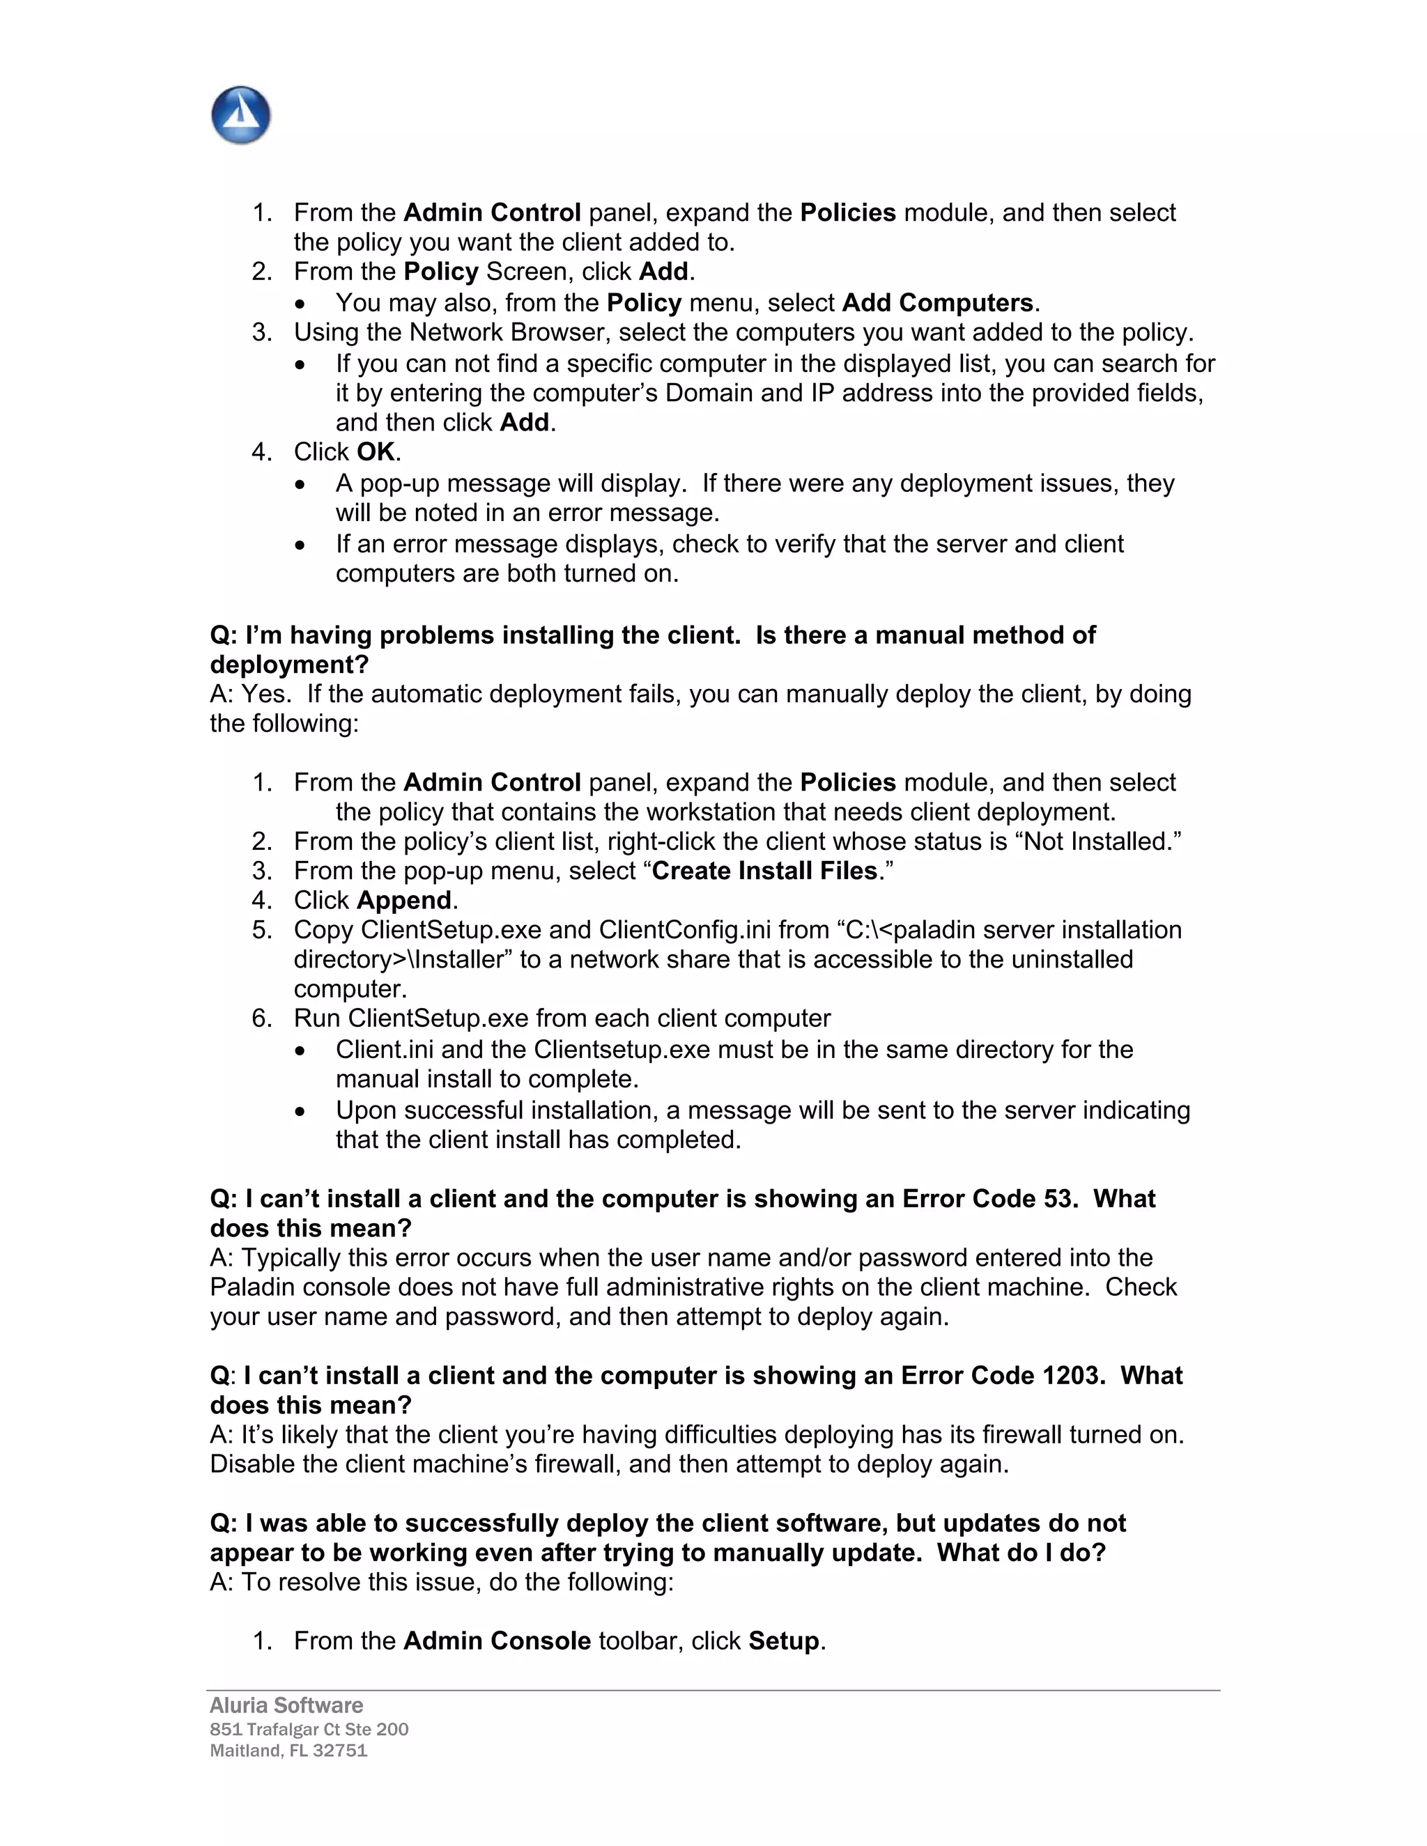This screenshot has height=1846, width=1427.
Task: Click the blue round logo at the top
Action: tap(241, 115)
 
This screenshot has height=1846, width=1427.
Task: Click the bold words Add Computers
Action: tap(938, 302)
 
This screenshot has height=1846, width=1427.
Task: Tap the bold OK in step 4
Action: tap(376, 452)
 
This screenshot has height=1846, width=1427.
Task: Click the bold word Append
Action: tap(404, 900)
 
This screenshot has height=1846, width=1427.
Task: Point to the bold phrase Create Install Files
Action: tap(765, 871)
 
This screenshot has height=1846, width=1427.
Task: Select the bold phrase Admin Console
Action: tap(497, 1641)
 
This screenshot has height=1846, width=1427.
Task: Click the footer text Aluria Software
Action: tap(286, 1705)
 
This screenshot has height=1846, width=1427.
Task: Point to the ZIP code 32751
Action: tap(340, 1750)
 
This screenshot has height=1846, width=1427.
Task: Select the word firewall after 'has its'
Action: tap(1008, 1434)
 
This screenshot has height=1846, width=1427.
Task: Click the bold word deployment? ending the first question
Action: tap(289, 665)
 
